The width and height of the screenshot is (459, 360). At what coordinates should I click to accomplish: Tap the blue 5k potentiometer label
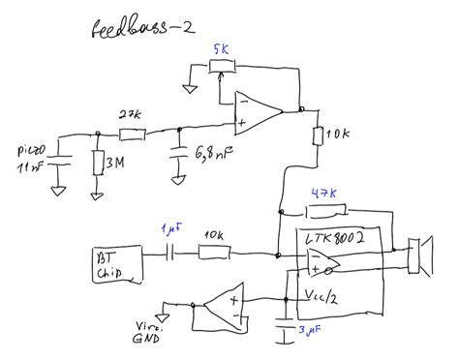click(223, 48)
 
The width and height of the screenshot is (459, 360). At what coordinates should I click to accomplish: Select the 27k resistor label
click(130, 115)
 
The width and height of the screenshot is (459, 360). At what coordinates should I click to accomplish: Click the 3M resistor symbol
click(97, 164)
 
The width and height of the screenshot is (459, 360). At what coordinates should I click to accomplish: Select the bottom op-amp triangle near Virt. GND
click(221, 305)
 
